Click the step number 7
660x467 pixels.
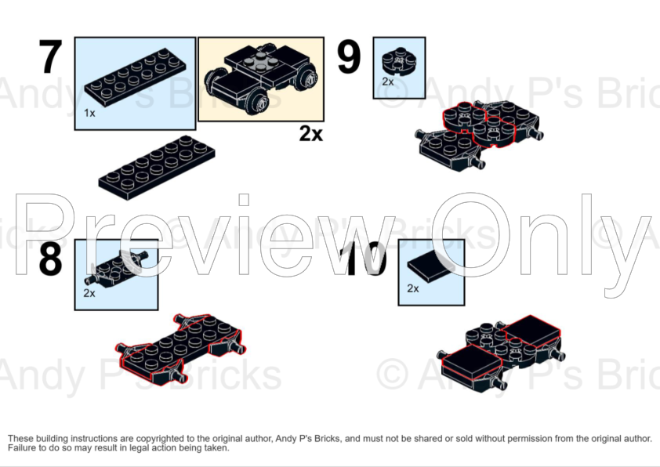(x=50, y=57)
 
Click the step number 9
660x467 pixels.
(x=349, y=57)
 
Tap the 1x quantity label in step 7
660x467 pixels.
(x=89, y=113)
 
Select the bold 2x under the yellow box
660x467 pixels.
(x=311, y=134)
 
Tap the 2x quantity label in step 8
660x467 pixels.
(x=89, y=293)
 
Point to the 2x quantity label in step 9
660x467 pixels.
(x=388, y=81)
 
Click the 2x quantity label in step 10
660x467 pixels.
(x=413, y=288)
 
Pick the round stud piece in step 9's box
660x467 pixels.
(x=399, y=61)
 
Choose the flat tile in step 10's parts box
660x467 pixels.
(x=432, y=266)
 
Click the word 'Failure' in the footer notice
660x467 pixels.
(x=22, y=448)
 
